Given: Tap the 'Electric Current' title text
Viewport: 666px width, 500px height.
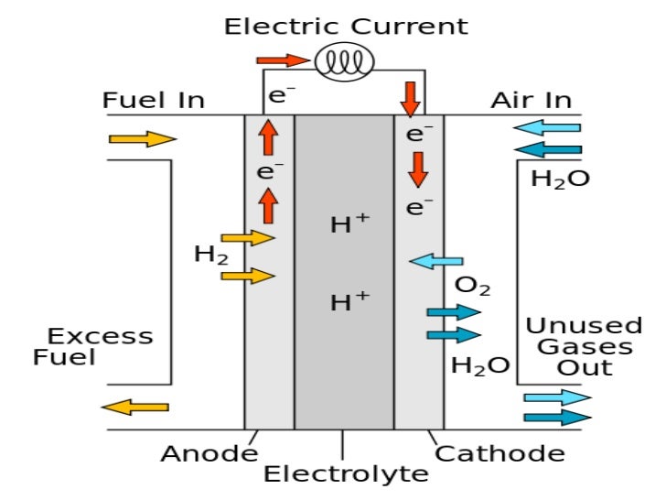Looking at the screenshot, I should (x=346, y=26).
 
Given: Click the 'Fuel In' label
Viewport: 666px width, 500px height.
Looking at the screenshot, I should (x=154, y=100).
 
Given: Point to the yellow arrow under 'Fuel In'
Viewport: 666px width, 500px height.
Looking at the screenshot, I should (x=142, y=139).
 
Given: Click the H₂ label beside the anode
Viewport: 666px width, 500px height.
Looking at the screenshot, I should (x=210, y=254).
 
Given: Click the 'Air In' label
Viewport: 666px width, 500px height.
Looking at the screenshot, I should (x=532, y=100).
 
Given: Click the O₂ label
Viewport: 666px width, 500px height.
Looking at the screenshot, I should (x=472, y=288).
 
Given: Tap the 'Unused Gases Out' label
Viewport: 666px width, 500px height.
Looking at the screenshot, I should (x=584, y=346).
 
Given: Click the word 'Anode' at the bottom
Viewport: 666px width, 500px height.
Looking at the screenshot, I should (x=209, y=453).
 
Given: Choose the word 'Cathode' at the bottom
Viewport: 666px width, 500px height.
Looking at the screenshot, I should (x=499, y=453).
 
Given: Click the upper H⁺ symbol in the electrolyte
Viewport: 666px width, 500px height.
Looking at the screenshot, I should (x=349, y=223).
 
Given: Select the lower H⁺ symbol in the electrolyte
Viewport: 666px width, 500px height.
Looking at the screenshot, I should (x=349, y=300).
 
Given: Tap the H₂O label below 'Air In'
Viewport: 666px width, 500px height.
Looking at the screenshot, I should (x=560, y=179).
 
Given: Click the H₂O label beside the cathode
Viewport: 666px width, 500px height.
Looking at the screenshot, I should (x=480, y=366).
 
